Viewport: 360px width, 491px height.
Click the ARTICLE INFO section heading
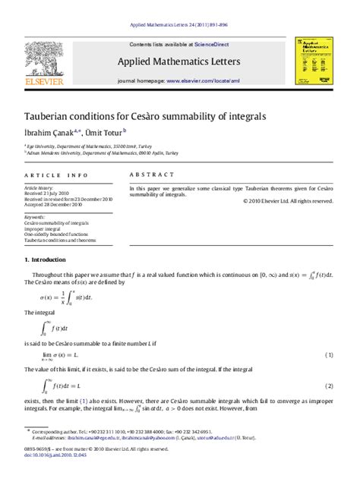56,175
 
